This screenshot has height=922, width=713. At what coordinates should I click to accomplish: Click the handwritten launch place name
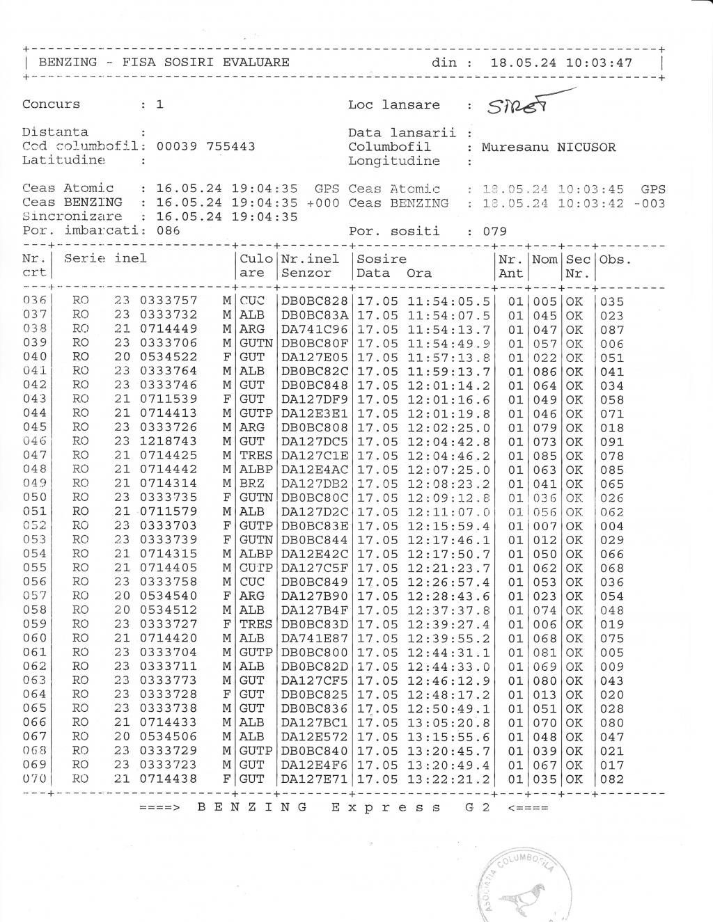[x=519, y=106]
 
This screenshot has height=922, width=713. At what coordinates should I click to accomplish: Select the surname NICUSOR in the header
[x=586, y=147]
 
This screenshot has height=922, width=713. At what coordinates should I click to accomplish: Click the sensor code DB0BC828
[x=314, y=301]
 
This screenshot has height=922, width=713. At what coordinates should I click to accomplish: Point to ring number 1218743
[x=169, y=441]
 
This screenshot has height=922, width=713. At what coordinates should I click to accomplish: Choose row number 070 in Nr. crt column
[x=34, y=779]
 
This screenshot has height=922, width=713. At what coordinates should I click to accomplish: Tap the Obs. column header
[x=615, y=260]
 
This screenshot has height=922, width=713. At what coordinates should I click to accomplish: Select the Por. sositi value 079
[x=495, y=231]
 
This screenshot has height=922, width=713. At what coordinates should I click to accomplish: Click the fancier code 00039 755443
[x=205, y=146]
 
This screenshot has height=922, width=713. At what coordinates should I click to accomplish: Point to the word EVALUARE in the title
[x=256, y=62]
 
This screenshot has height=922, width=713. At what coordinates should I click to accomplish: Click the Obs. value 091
[x=612, y=441]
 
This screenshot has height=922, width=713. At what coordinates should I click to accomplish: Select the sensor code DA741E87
[x=314, y=638]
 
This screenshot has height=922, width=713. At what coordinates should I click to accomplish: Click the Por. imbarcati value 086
[x=168, y=230]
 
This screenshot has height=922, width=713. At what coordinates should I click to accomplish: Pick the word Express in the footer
[x=386, y=807]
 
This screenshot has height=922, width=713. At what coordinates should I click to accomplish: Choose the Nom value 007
[x=544, y=525]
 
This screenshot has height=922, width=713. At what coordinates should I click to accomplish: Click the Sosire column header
[x=382, y=259]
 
